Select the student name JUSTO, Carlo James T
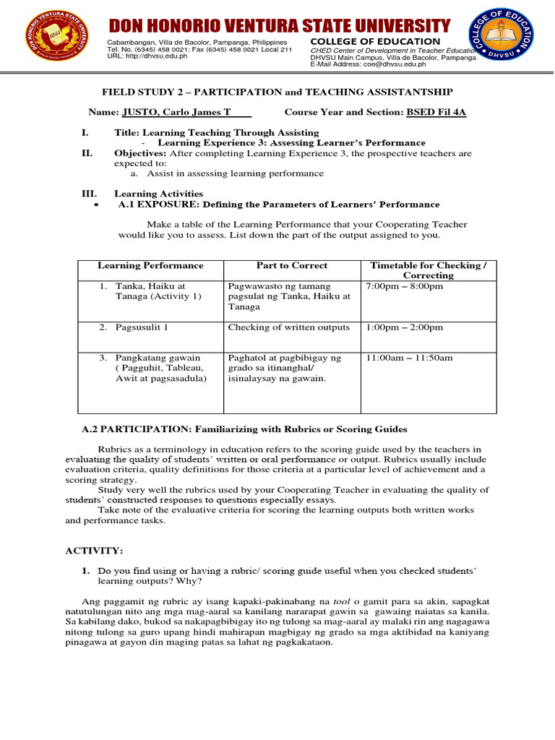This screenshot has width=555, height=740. click(x=186, y=113)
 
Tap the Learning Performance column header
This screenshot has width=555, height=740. click(x=150, y=266)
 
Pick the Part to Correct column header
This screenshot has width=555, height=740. click(x=291, y=266)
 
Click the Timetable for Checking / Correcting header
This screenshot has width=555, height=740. click(x=428, y=270)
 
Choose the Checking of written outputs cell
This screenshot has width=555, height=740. click(x=288, y=327)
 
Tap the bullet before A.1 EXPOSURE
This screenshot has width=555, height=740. click(x=97, y=205)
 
